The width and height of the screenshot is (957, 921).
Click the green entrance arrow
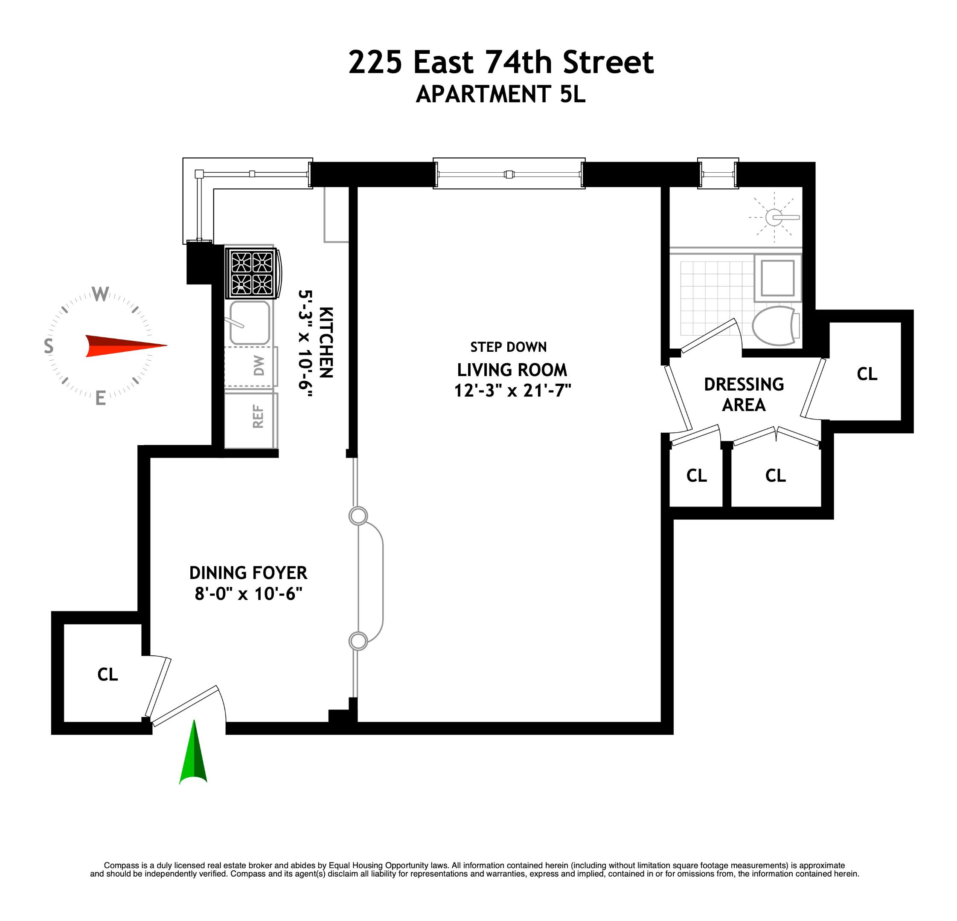point(194,755)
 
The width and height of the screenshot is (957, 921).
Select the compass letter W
point(101,294)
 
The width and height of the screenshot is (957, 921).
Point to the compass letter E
point(101,398)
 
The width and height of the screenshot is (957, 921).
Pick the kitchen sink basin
point(250,323)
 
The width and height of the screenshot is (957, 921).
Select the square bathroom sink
point(778,278)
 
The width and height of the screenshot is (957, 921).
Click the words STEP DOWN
point(508,347)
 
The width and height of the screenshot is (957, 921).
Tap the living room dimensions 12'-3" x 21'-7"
point(513,391)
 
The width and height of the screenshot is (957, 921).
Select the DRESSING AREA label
point(744,394)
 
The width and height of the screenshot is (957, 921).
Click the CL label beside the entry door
point(108,675)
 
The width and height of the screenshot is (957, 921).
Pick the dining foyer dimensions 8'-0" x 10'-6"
point(248,594)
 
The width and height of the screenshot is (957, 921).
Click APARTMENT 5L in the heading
point(500,94)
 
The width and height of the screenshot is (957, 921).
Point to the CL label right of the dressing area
point(867,374)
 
